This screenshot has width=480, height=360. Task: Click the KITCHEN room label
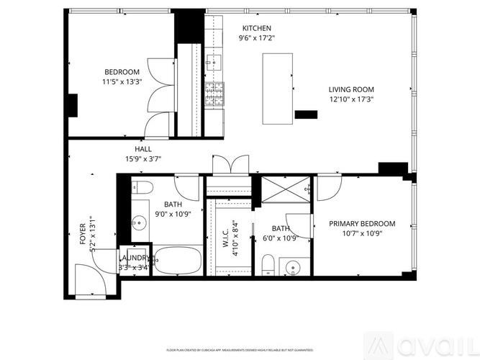tap(257, 27)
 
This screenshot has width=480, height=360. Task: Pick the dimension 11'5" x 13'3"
tap(123, 81)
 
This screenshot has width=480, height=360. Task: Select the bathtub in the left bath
tap(176, 260)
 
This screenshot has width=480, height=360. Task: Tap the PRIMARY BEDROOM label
tap(362, 224)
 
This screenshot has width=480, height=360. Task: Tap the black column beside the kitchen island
tap(306, 114)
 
